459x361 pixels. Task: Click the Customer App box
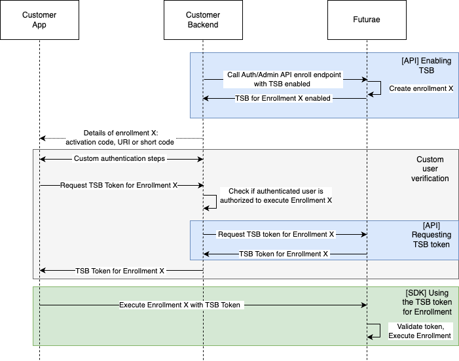click(x=39, y=20)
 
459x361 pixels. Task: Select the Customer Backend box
click(x=203, y=20)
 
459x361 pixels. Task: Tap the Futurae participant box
click(x=367, y=20)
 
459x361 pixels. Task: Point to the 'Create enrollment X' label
click(x=421, y=88)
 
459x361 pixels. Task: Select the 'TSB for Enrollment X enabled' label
click(x=284, y=98)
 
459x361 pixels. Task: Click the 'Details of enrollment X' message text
click(x=120, y=138)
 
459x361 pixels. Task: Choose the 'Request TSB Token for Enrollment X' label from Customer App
click(x=119, y=185)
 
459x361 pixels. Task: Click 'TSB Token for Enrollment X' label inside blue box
click(x=284, y=254)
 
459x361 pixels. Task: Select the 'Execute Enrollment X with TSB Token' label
click(x=181, y=305)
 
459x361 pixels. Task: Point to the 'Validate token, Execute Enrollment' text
click(x=420, y=331)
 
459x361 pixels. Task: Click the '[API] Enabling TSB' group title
click(x=426, y=65)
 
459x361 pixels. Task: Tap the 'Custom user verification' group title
click(x=430, y=169)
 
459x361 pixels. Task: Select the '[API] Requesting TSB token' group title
click(x=431, y=235)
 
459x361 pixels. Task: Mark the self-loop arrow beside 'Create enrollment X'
click(x=376, y=88)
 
